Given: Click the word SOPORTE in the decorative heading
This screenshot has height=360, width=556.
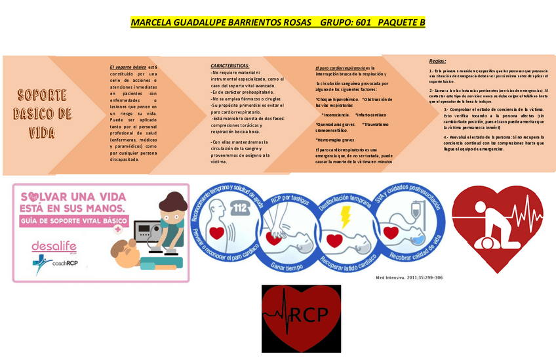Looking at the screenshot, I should tap(42, 94).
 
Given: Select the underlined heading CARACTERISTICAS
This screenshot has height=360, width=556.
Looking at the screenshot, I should tap(229, 66).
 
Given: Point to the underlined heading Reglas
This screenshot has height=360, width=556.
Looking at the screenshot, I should tap(437, 60).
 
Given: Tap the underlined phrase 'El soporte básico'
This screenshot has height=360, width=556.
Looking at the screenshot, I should tap(128, 67).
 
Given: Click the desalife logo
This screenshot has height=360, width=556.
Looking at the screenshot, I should tap(50, 246).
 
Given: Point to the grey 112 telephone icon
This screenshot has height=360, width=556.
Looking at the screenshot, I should tap(240, 209).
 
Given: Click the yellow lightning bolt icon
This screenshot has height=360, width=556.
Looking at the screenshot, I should tap(345, 216).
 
